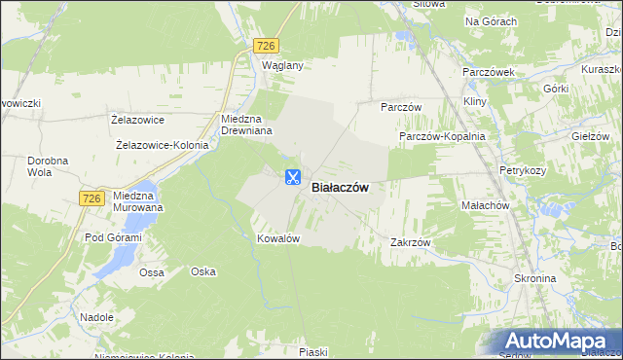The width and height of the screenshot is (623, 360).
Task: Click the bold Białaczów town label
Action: pyautogui.click(x=340, y=189)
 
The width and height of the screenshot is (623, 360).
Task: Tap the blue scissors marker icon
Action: pyautogui.click(x=292, y=177)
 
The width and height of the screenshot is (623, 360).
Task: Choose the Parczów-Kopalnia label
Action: pyautogui.click(x=442, y=137)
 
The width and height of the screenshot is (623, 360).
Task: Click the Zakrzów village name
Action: pyautogui.click(x=410, y=242)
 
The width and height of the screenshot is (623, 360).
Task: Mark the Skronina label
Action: pyautogui.click(x=533, y=278)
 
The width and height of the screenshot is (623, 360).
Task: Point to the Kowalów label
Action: pyautogui.click(x=276, y=238)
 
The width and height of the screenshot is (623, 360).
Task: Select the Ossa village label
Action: pyautogui.click(x=152, y=272)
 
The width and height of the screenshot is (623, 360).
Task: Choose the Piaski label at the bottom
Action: pyautogui.click(x=312, y=351)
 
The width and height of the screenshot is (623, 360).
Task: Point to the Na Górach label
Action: pyautogui.click(x=491, y=20)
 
